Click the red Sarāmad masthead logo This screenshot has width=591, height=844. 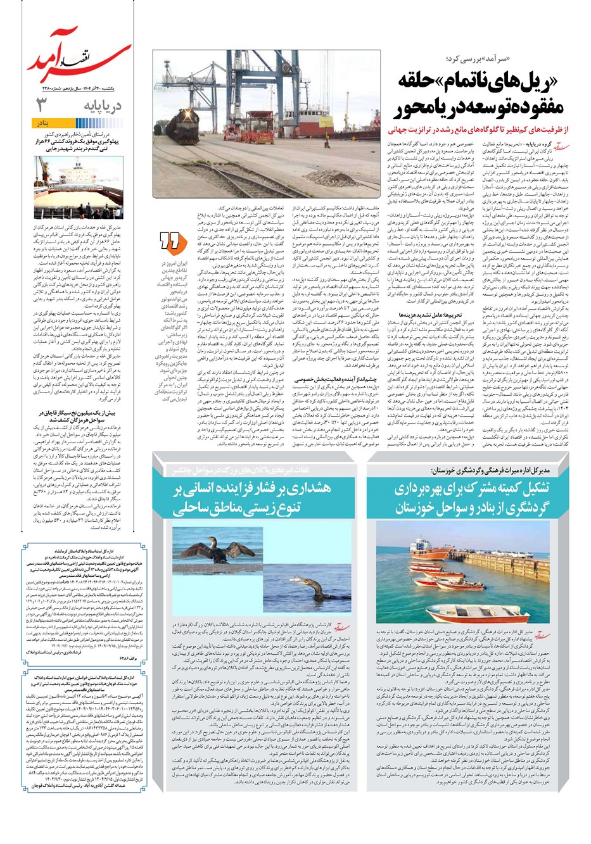(79, 56)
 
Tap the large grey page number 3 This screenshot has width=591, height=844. (42, 104)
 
